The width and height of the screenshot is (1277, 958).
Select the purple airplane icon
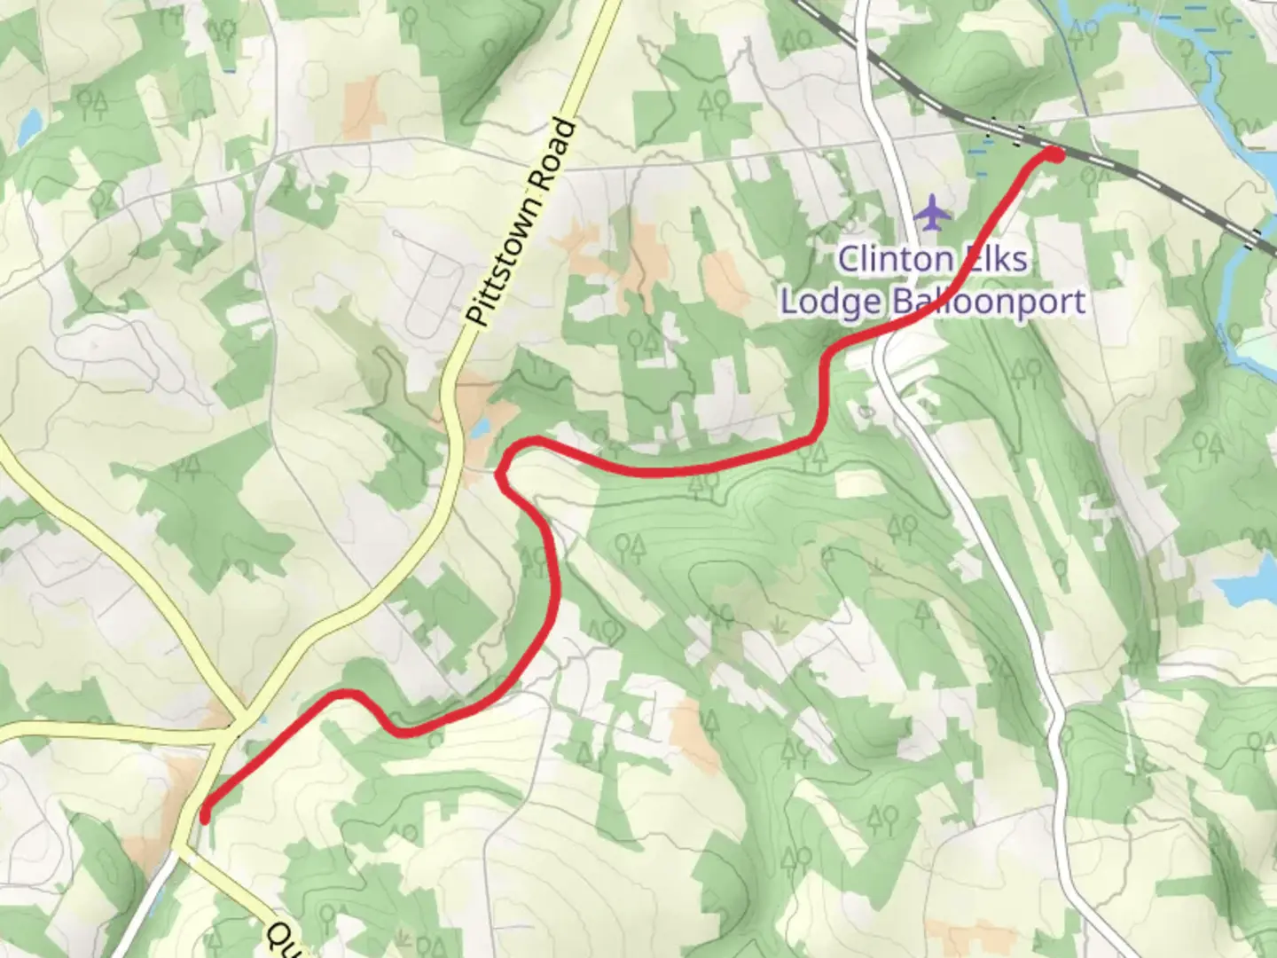pos(931,213)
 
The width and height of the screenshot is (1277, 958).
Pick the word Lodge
pos(831,302)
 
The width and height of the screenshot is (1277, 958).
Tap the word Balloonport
pos(988,302)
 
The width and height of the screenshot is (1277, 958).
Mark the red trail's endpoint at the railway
pos(1054,154)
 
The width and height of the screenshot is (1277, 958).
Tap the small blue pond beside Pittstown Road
pos(480,429)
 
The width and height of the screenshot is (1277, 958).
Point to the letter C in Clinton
pos(850,259)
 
